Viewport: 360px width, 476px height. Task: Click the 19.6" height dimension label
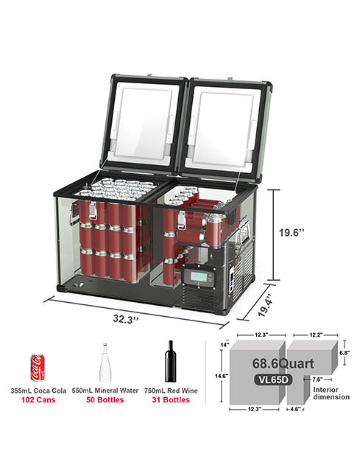pos(291,233)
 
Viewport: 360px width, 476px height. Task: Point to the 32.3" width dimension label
pos(126,319)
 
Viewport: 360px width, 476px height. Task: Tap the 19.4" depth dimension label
pos(267,305)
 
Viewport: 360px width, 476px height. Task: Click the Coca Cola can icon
pos(38,368)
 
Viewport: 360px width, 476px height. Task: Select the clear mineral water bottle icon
pos(105,363)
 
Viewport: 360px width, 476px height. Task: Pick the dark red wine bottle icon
pos(171,361)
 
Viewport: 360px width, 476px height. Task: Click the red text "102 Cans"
pos(38,400)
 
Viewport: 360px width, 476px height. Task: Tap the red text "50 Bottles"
pos(105,400)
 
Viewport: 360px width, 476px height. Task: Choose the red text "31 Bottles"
pos(171,400)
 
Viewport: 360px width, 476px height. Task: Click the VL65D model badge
pos(273,379)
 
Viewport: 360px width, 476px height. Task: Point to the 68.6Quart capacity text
pos(283,363)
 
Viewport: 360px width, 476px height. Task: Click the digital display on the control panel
pos(200,276)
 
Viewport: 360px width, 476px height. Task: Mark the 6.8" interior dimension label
pos(345,353)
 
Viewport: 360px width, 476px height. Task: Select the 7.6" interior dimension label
pos(317,379)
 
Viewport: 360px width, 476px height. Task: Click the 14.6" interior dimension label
pos(222,376)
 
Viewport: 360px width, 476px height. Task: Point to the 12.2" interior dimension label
pos(316,335)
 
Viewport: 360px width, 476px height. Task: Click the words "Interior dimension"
pos(331,393)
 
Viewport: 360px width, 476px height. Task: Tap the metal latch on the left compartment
pos(93,211)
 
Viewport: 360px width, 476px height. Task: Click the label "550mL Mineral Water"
pos(105,391)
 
